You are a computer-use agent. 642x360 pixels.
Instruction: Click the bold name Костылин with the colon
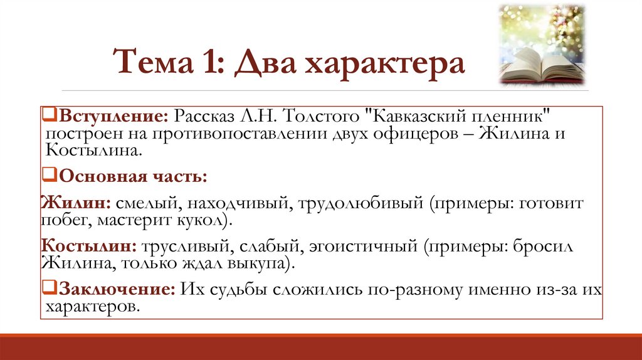point(89,246)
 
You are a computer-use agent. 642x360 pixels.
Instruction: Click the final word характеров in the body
point(91,307)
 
